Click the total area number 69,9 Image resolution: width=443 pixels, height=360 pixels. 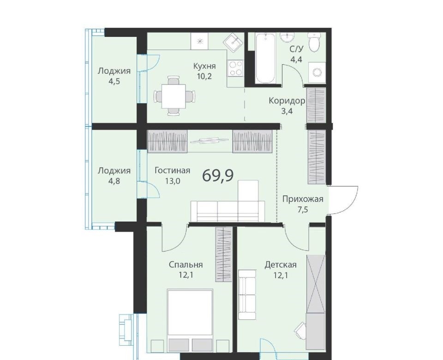point(218,175)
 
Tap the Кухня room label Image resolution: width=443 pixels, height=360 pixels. point(204,66)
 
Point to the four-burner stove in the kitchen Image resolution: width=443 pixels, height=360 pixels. point(236,69)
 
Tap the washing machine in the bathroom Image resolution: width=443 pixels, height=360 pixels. point(317,72)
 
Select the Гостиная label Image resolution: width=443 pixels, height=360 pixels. point(172,170)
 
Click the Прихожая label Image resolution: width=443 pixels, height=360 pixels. point(303,199)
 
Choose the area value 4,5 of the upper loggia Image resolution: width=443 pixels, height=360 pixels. point(114,82)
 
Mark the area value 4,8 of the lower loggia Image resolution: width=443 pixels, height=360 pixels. point(114,181)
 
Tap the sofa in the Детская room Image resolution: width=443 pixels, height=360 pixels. point(247,294)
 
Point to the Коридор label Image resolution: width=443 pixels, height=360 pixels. point(287,101)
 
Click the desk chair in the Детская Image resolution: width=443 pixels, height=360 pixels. point(300,329)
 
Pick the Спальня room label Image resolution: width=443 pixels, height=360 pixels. point(186,265)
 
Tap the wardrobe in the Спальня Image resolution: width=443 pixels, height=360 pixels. point(223,254)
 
